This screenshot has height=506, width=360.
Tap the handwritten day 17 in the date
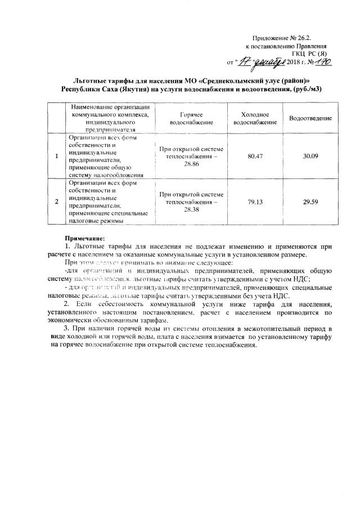click(x=243, y=61)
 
